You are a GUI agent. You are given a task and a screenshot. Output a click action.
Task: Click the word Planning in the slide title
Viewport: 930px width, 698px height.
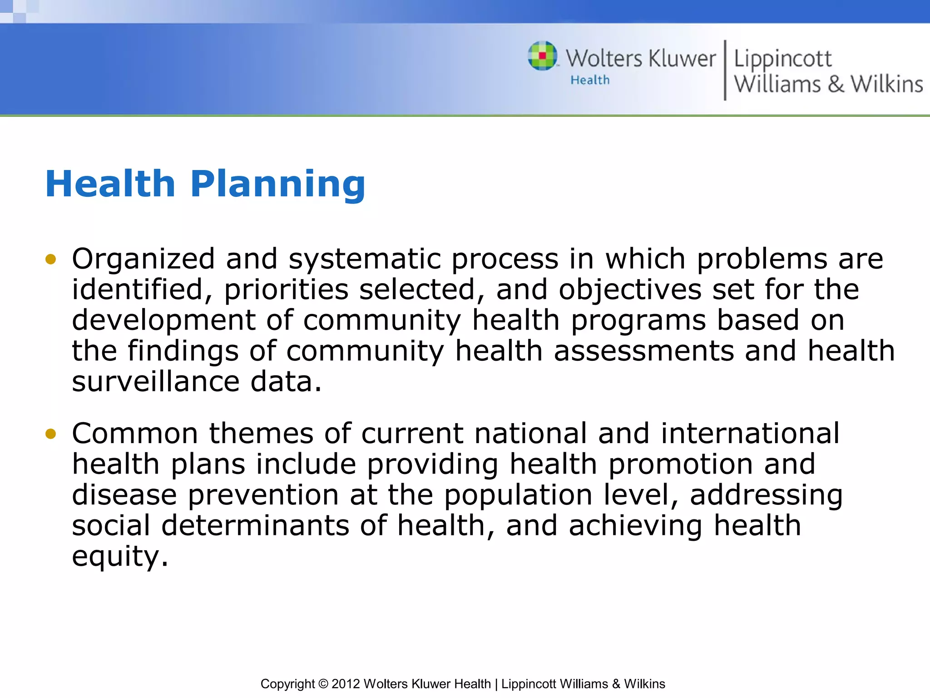pos(277,184)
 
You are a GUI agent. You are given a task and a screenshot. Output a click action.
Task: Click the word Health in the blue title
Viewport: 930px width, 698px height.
pos(110,184)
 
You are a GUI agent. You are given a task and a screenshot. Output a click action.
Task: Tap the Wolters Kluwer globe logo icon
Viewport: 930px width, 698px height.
pos(542,56)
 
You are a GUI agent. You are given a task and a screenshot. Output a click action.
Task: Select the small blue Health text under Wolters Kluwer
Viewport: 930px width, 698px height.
pos(590,80)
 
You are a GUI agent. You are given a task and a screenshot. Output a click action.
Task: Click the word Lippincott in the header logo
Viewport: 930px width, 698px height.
pos(782,59)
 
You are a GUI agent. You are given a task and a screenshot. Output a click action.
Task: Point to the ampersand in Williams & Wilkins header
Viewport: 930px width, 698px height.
pos(836,85)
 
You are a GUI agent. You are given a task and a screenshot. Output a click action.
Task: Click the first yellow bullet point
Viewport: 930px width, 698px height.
pos(50,259)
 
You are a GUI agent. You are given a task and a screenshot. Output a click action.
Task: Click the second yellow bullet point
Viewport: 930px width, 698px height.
pos(50,434)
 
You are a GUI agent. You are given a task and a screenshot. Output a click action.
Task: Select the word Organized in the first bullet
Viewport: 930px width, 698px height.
pos(143,259)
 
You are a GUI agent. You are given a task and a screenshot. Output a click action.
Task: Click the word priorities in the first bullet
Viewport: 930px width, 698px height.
pos(286,290)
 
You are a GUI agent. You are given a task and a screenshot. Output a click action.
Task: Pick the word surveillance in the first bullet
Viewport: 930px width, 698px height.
pos(155,382)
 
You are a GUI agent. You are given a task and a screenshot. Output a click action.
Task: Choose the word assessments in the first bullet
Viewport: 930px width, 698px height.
pos(643,351)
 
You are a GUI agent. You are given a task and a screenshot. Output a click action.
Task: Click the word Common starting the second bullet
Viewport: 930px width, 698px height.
pos(135,434)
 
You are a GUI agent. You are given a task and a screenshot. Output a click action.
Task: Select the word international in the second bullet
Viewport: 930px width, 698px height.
pos(750,434)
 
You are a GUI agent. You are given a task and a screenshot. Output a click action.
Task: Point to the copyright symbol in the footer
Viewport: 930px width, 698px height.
pos(323,684)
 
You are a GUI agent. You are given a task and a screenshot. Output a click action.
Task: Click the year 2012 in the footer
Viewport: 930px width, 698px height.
pos(346,684)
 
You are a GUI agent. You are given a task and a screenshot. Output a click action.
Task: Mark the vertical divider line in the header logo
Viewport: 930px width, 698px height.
pos(725,70)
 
